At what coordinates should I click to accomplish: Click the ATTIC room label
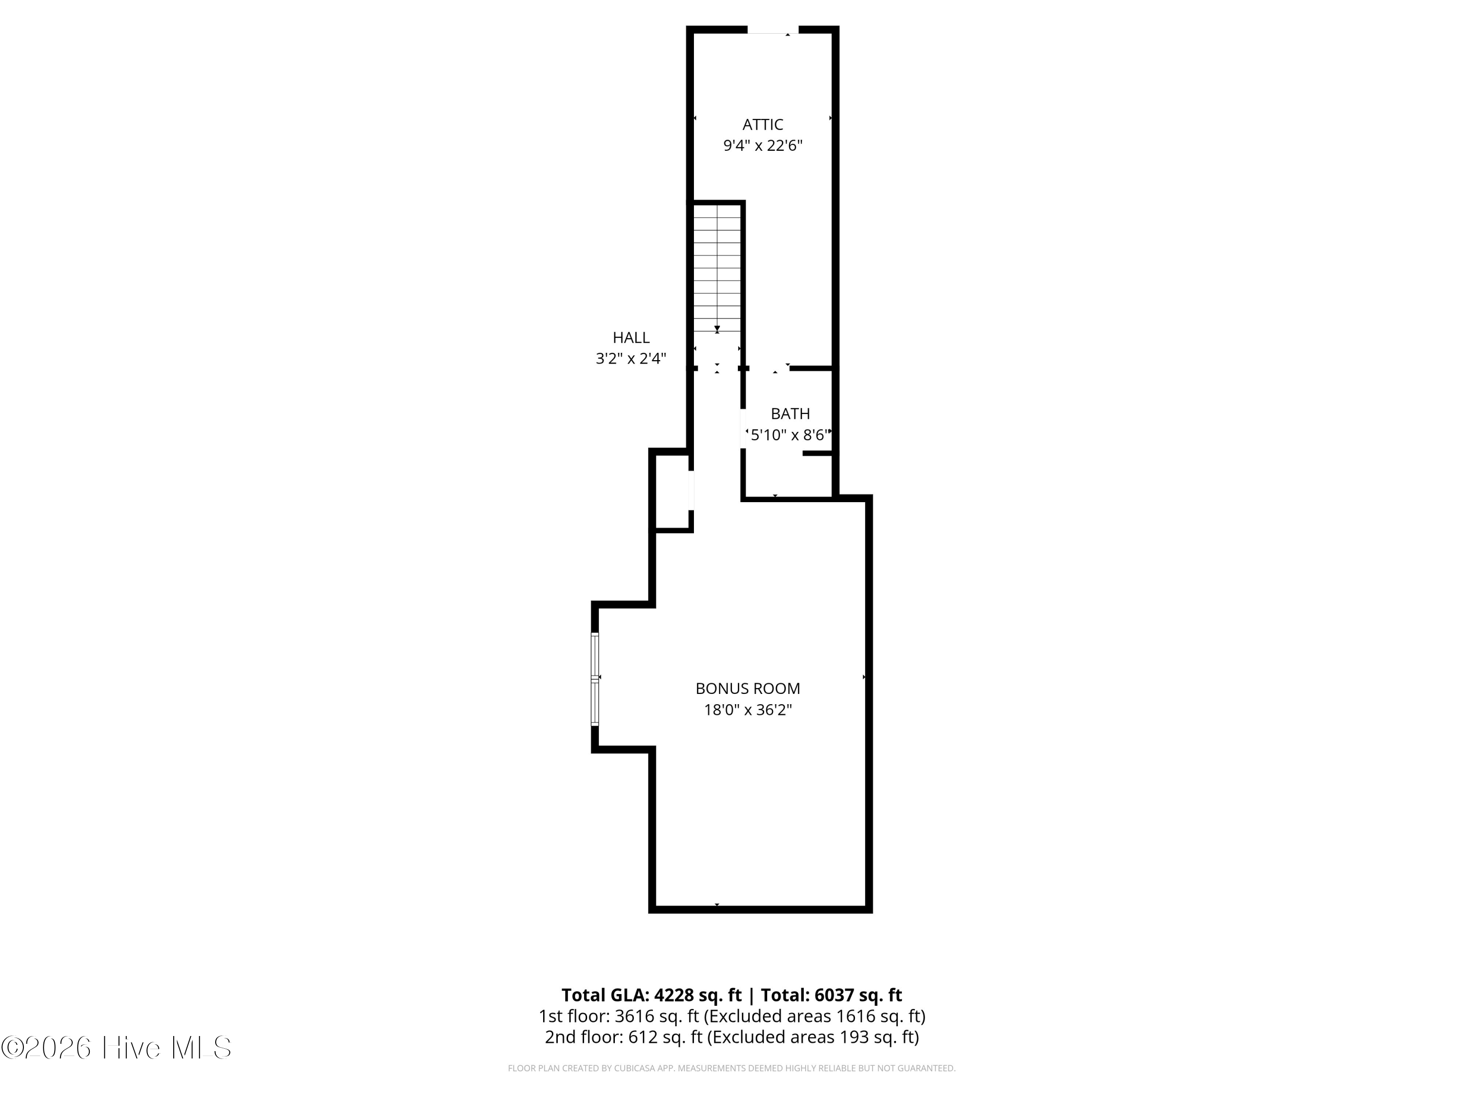tap(762, 124)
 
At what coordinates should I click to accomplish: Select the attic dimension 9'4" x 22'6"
tap(762, 145)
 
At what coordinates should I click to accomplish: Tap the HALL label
tap(630, 338)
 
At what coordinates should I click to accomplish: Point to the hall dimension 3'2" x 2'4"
tap(630, 359)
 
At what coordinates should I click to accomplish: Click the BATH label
tap(790, 414)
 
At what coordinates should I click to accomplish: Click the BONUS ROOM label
tap(748, 688)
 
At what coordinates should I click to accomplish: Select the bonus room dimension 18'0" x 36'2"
tap(748, 710)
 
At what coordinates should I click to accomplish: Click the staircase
tap(717, 268)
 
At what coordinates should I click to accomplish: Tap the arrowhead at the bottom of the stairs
tap(717, 328)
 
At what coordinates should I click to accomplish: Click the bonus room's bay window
tap(595, 680)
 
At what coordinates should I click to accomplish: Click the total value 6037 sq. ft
tap(858, 995)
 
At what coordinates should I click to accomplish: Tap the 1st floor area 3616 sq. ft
tap(656, 1016)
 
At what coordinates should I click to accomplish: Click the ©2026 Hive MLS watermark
tap(117, 1048)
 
